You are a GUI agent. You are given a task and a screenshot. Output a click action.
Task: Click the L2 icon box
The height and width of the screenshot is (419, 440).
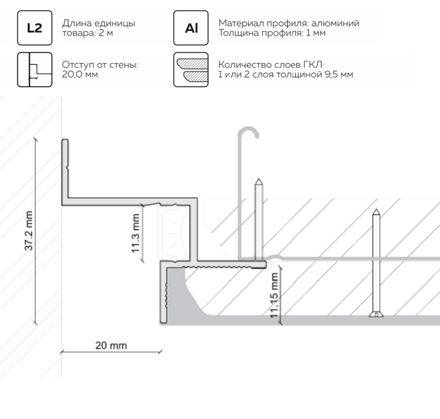[x=35, y=28]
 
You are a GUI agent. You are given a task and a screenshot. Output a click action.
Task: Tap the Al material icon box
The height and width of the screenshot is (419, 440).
[x=191, y=28]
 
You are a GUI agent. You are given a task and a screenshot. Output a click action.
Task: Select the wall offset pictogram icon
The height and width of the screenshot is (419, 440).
[x=35, y=69]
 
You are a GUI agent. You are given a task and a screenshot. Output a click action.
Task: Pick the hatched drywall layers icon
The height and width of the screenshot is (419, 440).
[x=191, y=69]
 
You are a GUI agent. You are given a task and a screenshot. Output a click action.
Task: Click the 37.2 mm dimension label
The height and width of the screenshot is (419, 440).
[x=29, y=231]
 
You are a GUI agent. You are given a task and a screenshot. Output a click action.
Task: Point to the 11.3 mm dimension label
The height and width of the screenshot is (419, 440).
[x=136, y=233]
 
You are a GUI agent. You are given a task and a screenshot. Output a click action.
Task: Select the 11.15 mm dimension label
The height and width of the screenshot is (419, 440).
[x=274, y=296]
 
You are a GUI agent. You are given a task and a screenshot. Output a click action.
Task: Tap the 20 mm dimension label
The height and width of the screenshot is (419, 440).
[x=111, y=345]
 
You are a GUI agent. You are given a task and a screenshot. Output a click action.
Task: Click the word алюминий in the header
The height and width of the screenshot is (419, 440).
[x=336, y=23]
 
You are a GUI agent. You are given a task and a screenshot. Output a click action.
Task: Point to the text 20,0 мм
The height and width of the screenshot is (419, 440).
[x=80, y=74]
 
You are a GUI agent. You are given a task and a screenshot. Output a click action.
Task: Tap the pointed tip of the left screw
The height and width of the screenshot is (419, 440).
[x=259, y=178]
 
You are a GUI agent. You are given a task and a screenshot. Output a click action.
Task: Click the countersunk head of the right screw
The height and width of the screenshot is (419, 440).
[x=376, y=314]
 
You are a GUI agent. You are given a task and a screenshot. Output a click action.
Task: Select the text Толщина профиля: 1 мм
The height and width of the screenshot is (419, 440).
[x=272, y=33]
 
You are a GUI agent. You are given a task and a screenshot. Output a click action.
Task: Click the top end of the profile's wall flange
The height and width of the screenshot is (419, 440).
[x=65, y=139]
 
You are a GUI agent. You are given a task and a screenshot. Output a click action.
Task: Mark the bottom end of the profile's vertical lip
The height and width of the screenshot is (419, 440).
[x=163, y=322]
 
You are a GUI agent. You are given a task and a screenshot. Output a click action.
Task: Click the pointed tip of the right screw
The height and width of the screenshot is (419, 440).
[x=376, y=210]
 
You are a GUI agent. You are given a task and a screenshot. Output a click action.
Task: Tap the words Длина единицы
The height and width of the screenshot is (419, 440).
[x=99, y=23]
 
